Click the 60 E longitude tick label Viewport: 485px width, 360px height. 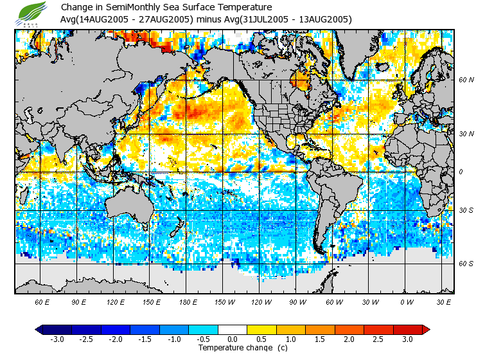coord(42,301)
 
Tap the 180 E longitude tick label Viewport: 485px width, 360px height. coord(188,301)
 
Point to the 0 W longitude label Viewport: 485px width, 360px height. coord(406,301)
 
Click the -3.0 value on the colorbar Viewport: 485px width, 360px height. coord(57,339)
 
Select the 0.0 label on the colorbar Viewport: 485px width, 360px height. coord(233,339)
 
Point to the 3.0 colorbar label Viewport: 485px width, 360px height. coord(407,339)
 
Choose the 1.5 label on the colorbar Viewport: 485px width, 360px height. coord(320,339)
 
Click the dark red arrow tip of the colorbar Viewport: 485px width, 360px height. coord(426,329)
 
